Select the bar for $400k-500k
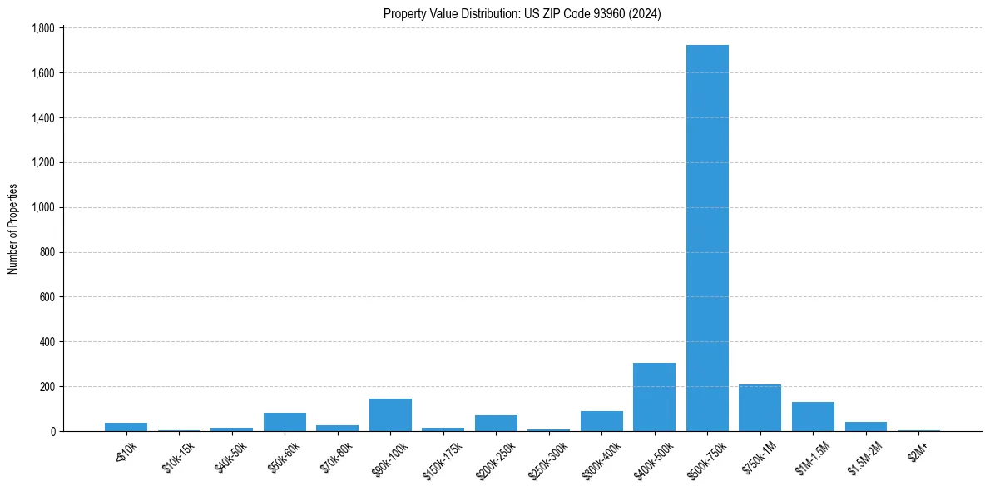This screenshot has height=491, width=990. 654,397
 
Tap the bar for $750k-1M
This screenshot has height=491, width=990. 760,408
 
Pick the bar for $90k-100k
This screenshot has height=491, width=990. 390,414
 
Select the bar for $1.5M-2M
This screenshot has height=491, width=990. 865,426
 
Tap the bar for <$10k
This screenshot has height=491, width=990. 126,427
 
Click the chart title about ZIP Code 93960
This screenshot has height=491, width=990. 522,13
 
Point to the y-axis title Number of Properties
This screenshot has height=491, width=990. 13,229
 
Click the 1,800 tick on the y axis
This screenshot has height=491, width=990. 42,28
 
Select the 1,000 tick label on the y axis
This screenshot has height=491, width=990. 42,207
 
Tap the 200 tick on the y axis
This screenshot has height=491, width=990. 47,386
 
